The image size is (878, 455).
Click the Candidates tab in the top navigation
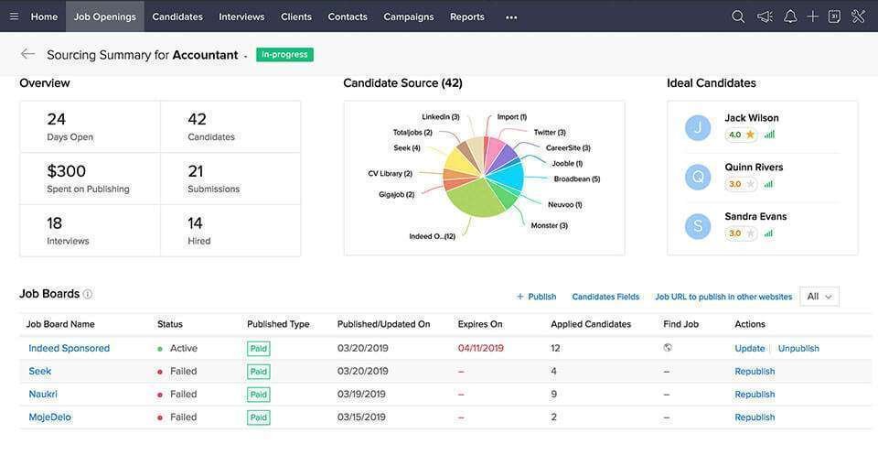pyautogui.click(x=177, y=16)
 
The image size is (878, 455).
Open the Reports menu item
pyautogui.click(x=467, y=16)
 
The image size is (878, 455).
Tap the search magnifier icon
pyautogui.click(x=738, y=16)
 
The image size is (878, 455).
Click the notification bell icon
pyautogui.click(x=790, y=16)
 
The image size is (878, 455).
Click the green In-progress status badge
pyautogui.click(x=284, y=54)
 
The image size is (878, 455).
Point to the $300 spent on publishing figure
pyautogui.click(x=66, y=171)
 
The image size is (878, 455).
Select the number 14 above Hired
pyautogui.click(x=195, y=223)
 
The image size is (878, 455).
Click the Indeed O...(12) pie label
pyautogui.click(x=433, y=236)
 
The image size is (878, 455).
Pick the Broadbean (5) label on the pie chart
pyautogui.click(x=577, y=179)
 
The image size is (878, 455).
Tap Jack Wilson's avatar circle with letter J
pyautogui.click(x=698, y=128)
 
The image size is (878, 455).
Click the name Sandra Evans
pyautogui.click(x=755, y=216)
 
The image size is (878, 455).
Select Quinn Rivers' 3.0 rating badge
pyautogui.click(x=741, y=184)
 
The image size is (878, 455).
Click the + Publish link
pyautogui.click(x=537, y=297)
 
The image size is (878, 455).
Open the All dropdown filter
pyautogui.click(x=819, y=297)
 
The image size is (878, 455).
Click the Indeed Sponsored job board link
pyautogui.click(x=69, y=348)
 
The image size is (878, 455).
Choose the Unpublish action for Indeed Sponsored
pyautogui.click(x=798, y=348)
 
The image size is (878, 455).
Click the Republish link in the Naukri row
pyautogui.click(x=755, y=395)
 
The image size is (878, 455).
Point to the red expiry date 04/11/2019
pyautogui.click(x=480, y=348)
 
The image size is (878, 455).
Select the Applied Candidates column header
pyautogui.click(x=591, y=324)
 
